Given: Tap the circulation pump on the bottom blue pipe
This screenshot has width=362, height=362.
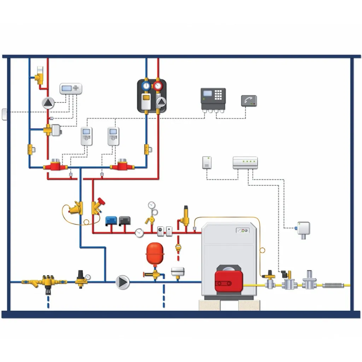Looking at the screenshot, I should tap(123, 282).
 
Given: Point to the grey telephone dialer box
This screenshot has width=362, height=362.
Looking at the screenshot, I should tap(249, 101).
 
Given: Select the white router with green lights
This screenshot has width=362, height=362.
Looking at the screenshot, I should tap(245, 162).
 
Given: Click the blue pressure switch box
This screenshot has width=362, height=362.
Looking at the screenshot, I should tap(111, 221).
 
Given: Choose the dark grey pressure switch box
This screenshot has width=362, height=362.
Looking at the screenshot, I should tap(125, 221).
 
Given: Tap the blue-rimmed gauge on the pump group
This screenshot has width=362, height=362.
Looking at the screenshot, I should tap(146, 86).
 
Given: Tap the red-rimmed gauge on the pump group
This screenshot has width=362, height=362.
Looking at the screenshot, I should tap(158, 86).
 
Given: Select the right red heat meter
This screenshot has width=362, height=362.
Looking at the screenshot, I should tap(122, 165).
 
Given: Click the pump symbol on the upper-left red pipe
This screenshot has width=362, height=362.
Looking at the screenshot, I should tap(48, 103).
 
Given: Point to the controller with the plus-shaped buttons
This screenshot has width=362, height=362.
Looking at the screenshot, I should tap(71, 88).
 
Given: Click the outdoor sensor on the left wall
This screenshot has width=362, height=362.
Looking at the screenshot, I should tap(4, 114).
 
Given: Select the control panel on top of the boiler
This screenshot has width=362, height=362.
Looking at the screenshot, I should tap(243, 230).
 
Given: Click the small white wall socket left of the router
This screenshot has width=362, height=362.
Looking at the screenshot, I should tap(207, 162).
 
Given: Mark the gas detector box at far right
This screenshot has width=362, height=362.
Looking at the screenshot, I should tap(303, 229).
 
